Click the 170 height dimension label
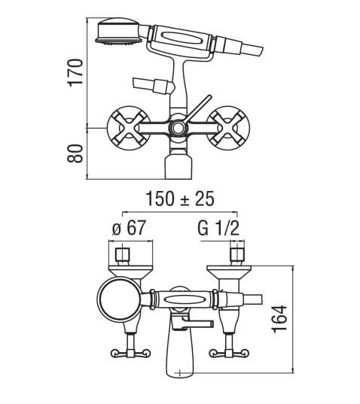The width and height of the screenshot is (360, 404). pos(75,73)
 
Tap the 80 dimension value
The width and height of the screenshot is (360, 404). pos(75,153)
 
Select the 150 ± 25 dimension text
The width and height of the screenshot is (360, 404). pos(180,199)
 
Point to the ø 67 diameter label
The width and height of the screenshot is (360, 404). pos(129,228)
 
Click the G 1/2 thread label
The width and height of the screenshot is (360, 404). pos(218,228)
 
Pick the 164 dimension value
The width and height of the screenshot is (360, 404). pos(279,319)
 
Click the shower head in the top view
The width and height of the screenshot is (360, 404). pos(118,32)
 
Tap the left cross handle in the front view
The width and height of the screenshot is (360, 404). pos(129,128)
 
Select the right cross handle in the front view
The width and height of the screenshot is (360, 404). pos(228,128)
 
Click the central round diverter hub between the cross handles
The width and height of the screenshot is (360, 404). pos(177,128)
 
